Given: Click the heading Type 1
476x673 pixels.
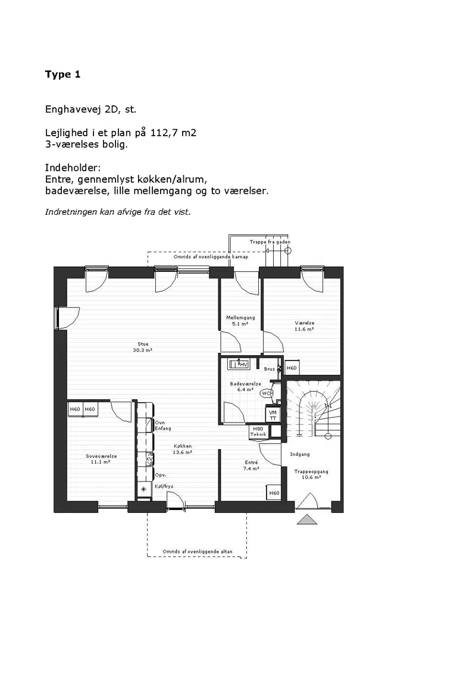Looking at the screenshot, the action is click(x=62, y=74).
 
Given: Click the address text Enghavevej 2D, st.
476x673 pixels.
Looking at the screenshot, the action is click(x=90, y=109).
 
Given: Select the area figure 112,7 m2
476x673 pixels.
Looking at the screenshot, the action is click(x=173, y=133).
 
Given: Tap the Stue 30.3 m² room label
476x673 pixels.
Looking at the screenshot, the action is click(x=142, y=347).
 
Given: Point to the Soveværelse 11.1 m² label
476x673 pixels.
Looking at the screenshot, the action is click(x=101, y=459).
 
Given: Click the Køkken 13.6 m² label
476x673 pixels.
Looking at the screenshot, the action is click(x=183, y=449).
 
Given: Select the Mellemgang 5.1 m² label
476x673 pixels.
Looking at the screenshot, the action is click(x=240, y=321).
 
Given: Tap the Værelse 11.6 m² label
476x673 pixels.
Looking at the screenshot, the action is click(x=304, y=325).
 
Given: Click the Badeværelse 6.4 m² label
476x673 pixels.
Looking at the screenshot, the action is click(x=246, y=387).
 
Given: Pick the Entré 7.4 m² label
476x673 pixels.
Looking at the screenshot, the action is click(x=251, y=465).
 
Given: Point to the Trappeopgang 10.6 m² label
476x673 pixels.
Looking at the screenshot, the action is click(x=311, y=474).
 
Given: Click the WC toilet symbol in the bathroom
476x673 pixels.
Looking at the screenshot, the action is click(x=267, y=393).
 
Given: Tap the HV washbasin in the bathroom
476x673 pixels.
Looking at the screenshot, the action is click(x=239, y=364).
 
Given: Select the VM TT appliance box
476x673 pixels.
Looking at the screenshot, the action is click(x=273, y=415).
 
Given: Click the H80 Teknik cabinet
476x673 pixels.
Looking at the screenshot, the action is click(x=258, y=432).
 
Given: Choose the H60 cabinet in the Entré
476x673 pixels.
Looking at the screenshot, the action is click(x=274, y=493).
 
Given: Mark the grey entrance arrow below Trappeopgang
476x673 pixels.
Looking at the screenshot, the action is click(x=307, y=519).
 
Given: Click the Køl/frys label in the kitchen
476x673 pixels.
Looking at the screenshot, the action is click(x=164, y=486).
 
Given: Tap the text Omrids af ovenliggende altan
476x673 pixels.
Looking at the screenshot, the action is click(x=198, y=552).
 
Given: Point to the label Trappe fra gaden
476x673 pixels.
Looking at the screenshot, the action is click(x=270, y=242).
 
